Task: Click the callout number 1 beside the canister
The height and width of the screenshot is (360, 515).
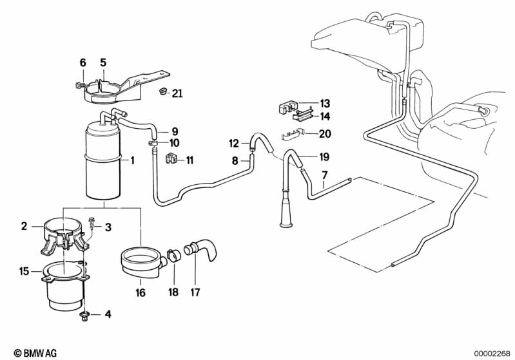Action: tap(133, 160)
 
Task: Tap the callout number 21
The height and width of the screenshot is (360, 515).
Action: tap(177, 94)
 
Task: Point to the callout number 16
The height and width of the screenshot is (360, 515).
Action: tap(141, 293)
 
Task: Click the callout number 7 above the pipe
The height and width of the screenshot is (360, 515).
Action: tap(324, 175)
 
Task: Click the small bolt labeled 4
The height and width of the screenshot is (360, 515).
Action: tap(84, 315)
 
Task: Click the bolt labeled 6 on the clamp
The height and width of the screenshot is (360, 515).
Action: tap(79, 84)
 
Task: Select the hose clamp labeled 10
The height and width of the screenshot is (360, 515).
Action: tap(154, 143)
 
